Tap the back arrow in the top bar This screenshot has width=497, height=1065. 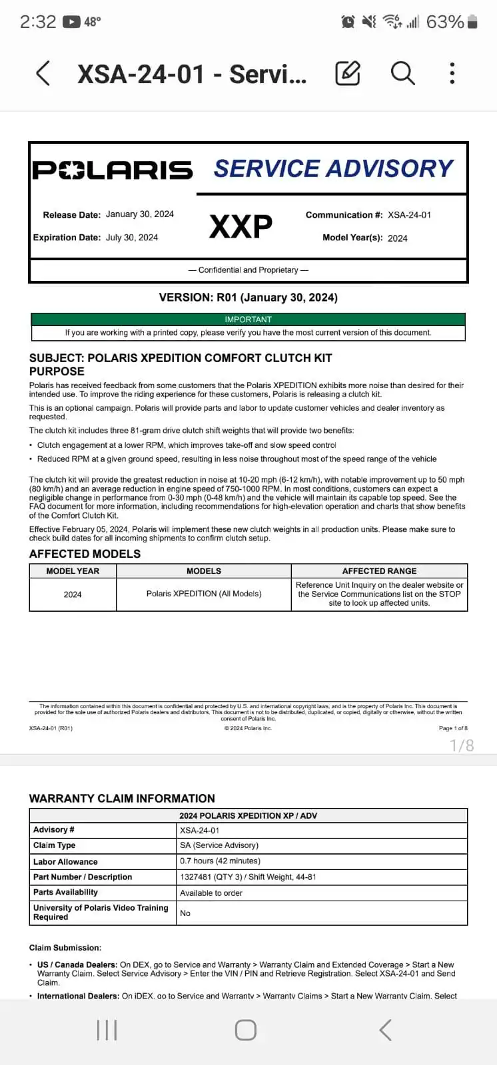pos(43,73)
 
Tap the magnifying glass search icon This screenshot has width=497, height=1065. pos(402,73)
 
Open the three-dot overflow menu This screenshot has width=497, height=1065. pos(452,73)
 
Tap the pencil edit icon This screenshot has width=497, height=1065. pos(348,73)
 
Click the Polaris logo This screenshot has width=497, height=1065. pos(113,170)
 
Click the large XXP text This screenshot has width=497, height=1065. pos(241,227)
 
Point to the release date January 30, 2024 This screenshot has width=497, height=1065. pos(140,214)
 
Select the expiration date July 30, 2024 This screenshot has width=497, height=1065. pos(132,238)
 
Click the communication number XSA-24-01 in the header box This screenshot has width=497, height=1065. pos(409,215)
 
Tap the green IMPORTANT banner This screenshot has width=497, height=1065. pos(248,319)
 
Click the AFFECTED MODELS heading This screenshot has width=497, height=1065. pos(85,554)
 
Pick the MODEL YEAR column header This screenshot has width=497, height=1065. pos(73,571)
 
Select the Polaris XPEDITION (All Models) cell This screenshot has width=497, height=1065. pos(204,594)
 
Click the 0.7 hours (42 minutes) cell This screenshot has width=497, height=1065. pos(220,861)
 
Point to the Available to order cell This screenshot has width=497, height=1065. pos(211,893)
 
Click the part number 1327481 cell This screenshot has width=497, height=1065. pos(248,877)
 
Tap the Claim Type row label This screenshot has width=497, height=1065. pos(55,845)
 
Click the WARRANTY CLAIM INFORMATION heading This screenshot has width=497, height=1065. pos(122,798)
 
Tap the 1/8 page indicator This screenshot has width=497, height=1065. pos(462,745)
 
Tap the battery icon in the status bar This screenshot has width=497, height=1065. pos(472,22)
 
